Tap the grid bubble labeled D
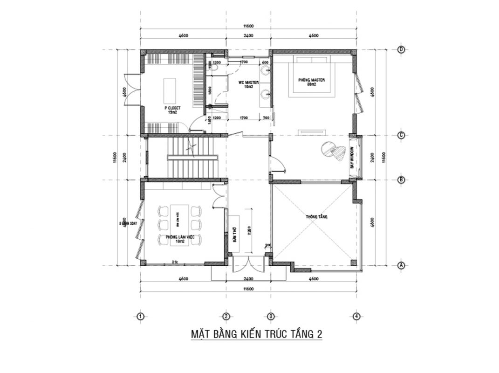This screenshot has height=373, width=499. click(401, 50)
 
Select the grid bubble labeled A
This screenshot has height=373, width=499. click(401, 265)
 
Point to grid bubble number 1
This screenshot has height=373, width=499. click(140, 317)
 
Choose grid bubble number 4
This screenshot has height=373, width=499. click(356, 317)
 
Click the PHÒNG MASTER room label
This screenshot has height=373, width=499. click(311, 82)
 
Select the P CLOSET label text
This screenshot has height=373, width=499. click(171, 110)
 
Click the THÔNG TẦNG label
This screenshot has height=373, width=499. click(316, 217)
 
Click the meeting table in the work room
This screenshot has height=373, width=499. click(179, 224)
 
